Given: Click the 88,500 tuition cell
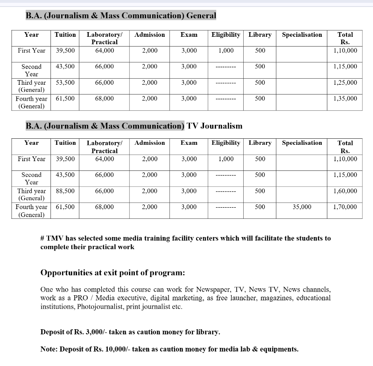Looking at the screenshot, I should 65,191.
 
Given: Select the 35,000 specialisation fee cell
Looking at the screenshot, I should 302,207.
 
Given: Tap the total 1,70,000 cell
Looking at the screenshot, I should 345,207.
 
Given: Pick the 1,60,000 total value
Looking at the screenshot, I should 345,191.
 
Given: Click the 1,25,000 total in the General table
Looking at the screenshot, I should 345,82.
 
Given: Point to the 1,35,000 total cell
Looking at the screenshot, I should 345,98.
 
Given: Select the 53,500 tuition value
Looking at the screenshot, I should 65,82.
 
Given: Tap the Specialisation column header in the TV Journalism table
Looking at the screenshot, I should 302,143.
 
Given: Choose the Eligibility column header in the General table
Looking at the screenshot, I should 225,34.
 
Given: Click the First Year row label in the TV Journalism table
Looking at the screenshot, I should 31,159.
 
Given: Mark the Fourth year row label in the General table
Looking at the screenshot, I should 31,102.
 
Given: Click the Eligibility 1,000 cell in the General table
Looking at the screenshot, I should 225,50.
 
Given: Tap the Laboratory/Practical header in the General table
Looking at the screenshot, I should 104,38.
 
